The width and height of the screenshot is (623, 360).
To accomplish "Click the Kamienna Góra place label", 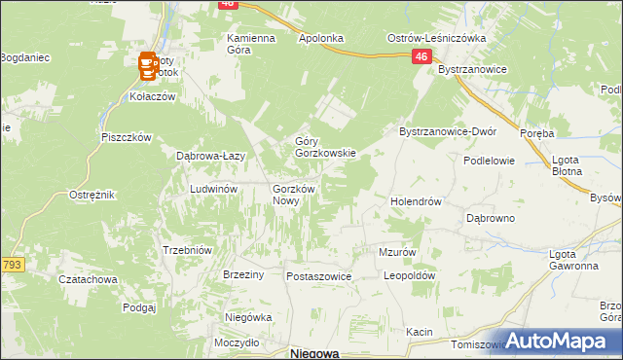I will pos(251,45).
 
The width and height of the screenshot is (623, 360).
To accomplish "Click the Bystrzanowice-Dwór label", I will pos(449,131).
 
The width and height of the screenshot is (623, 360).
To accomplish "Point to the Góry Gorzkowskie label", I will pos(326,147).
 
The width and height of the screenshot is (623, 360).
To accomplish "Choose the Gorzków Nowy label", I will pos(291,194).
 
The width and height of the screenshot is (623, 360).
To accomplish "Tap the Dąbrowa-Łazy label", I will pos(209,156).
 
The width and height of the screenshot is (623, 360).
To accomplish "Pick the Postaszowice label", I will pos(318,276).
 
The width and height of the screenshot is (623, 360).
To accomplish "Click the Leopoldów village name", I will pos(408,275).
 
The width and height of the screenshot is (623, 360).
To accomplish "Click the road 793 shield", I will pos(12,264).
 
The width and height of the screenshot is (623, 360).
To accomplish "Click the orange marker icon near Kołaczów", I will pos(148,66).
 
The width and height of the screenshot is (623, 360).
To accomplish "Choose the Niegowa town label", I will pos(314,354).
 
